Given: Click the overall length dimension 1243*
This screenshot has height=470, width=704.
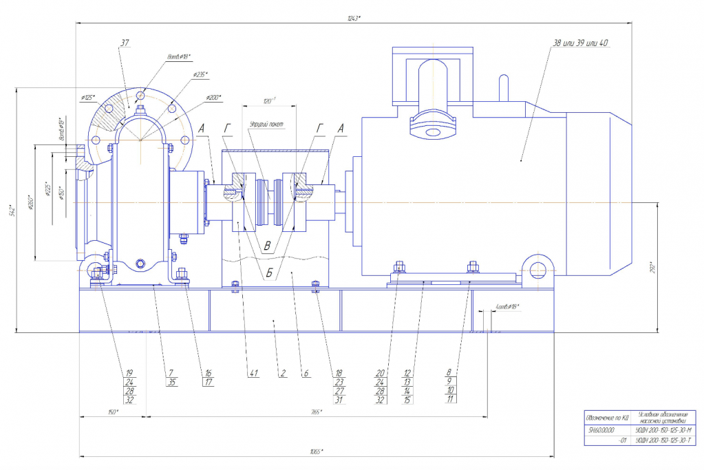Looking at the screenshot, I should point(355,18).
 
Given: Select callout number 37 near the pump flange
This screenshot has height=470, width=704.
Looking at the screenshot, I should point(125,43).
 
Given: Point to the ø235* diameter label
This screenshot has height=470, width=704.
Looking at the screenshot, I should point(200,74).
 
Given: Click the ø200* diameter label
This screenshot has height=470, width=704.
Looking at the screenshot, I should point(214,97).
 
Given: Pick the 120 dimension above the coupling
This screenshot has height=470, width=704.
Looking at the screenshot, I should point(269,100).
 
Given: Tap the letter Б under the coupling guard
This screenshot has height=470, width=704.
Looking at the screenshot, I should point(269,273).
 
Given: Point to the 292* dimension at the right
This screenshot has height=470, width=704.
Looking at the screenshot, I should point(663,268).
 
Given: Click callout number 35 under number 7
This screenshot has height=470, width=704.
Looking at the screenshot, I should point(171,383).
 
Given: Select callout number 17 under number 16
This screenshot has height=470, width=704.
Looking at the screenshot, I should point(207,383).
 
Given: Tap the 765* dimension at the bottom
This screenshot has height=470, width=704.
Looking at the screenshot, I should point(316,412).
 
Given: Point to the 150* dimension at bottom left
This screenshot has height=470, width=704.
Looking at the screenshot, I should point(112,412).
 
